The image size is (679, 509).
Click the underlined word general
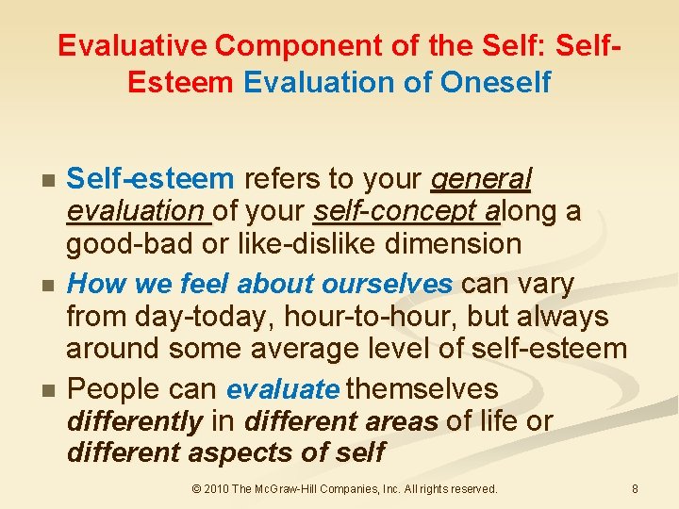coord(481,179)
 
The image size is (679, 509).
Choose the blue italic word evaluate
coord(282,389)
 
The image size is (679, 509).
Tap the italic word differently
coord(135,421)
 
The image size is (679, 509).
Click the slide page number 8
coord(635,489)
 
